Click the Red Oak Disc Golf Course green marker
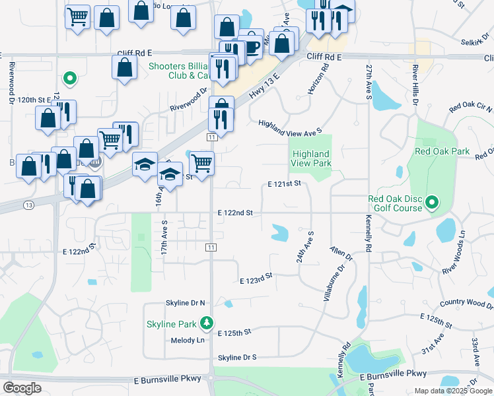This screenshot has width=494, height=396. click(x=433, y=202)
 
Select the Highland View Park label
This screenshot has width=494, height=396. click(x=311, y=158)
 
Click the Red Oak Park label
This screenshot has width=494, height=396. click(x=442, y=151)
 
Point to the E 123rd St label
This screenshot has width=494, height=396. click(x=256, y=278)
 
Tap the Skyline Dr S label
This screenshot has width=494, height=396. click(x=237, y=357)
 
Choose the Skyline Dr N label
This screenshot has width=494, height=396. click(x=185, y=302)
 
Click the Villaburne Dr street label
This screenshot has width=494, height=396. click(x=334, y=284)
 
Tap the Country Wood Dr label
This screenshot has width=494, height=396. click(x=466, y=304)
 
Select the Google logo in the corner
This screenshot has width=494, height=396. click(x=22, y=387)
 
